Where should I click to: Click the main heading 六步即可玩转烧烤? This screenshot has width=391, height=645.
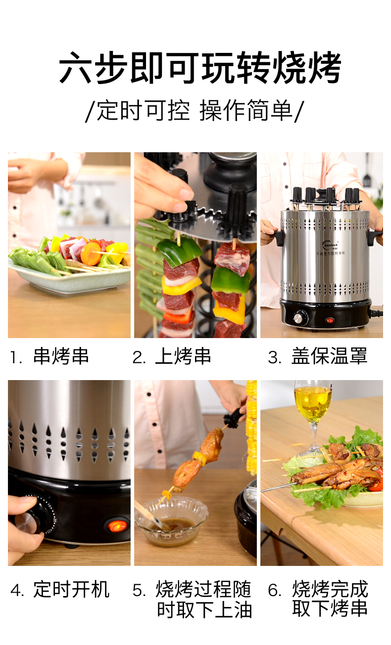(200, 68)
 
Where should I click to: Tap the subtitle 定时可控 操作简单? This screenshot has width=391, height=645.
(195, 111)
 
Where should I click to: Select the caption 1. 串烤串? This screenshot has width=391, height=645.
(49, 356)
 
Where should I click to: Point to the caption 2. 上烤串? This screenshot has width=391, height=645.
(172, 356)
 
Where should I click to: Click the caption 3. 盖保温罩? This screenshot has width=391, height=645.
(318, 356)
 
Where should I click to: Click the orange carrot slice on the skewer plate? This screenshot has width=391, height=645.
(91, 254)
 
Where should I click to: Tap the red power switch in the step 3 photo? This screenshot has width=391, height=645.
(330, 320)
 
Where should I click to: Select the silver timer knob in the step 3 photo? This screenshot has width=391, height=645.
(297, 318)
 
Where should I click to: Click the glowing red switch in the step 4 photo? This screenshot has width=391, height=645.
(117, 525)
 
